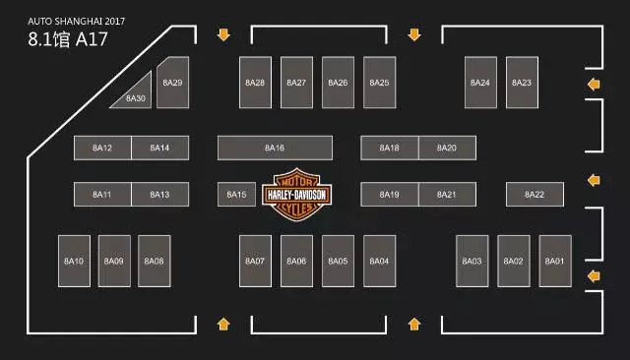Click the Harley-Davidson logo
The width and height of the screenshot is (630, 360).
[x=297, y=195]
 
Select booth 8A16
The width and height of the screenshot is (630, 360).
[x=275, y=148]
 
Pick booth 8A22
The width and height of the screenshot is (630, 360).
[x=535, y=194]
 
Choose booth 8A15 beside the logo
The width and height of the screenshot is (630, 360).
[x=236, y=194]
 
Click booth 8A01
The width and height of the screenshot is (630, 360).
[x=555, y=261]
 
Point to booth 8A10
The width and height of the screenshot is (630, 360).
[x=75, y=261]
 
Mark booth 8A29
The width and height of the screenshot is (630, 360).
[x=173, y=83]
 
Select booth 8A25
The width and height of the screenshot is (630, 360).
[x=379, y=83]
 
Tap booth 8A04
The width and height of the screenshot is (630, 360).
[x=379, y=261]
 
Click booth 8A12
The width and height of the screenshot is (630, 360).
[x=102, y=148]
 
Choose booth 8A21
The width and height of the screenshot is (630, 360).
[x=447, y=194]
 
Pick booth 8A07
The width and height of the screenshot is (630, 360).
[x=255, y=261]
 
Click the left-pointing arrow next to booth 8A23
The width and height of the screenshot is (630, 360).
[x=594, y=85]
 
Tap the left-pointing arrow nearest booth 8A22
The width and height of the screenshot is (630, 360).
[x=594, y=180]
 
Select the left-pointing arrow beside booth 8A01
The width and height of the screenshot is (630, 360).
[x=594, y=276]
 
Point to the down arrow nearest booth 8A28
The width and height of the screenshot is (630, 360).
[x=223, y=34]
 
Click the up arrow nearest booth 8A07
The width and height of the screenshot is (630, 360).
[x=223, y=324]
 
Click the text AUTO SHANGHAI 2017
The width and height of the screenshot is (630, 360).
[x=77, y=22]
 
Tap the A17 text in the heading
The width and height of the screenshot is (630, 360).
[x=92, y=39]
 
